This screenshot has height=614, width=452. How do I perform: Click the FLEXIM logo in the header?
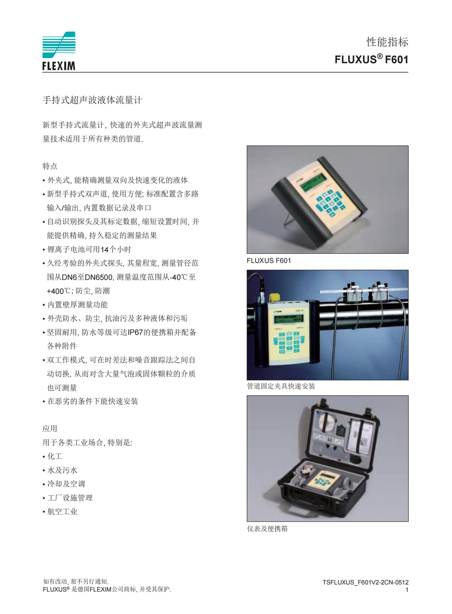pos(59,51)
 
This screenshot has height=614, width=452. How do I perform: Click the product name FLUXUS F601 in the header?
pos(371,59)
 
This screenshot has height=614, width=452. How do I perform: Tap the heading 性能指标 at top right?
pos(387,42)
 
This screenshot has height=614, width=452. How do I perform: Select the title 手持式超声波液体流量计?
pos(92,100)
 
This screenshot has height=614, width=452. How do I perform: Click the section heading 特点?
pos(50,166)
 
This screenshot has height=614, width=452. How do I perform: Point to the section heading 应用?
pos(50,429)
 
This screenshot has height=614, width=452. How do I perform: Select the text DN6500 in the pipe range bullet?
pos(99,277)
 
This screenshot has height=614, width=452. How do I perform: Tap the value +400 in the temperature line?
pos(55,291)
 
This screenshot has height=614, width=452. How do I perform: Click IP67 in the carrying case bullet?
pos(135,332)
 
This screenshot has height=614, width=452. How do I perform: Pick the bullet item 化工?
pos(55,456)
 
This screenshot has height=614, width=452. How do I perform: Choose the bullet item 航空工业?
pos(62,511)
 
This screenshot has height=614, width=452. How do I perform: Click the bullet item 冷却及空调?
pos(66,484)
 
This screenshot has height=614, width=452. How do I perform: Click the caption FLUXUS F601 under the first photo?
pos(269,261)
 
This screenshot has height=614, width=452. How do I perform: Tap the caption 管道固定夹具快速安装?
pos(281,386)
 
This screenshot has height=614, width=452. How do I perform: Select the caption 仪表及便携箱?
pos(267,529)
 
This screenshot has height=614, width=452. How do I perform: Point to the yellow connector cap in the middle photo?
pos(274,297)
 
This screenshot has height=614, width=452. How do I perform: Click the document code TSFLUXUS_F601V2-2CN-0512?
pos(365,582)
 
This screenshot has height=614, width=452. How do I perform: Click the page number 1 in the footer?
pos(407,590)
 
